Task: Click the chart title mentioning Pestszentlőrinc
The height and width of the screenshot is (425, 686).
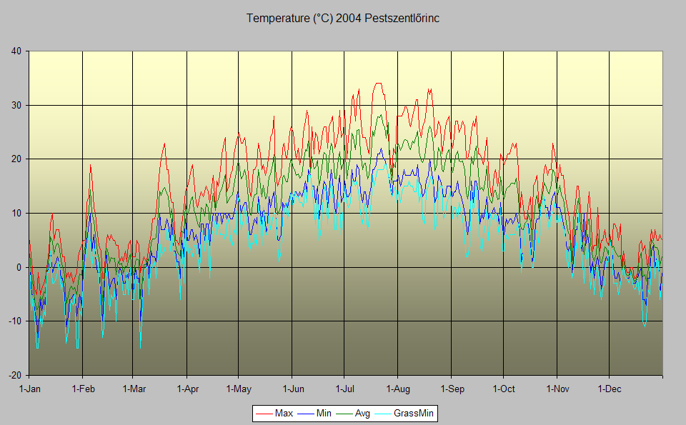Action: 343,19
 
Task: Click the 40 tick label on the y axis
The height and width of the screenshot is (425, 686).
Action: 16,51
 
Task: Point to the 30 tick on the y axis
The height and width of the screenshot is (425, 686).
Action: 16,105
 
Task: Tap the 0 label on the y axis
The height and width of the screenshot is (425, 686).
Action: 19,267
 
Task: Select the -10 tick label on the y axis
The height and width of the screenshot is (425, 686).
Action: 14,321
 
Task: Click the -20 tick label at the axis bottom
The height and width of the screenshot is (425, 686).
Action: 14,375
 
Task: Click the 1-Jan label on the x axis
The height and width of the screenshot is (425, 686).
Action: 29,389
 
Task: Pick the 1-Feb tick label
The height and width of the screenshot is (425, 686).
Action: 83,389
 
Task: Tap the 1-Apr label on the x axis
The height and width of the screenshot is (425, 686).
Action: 187,389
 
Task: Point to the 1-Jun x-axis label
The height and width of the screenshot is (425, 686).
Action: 292,389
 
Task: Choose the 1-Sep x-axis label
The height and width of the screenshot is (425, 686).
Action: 451,389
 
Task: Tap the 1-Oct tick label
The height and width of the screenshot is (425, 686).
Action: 503,389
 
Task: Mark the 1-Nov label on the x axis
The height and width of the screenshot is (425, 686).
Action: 557,389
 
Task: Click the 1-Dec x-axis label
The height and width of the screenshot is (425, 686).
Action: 609,389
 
